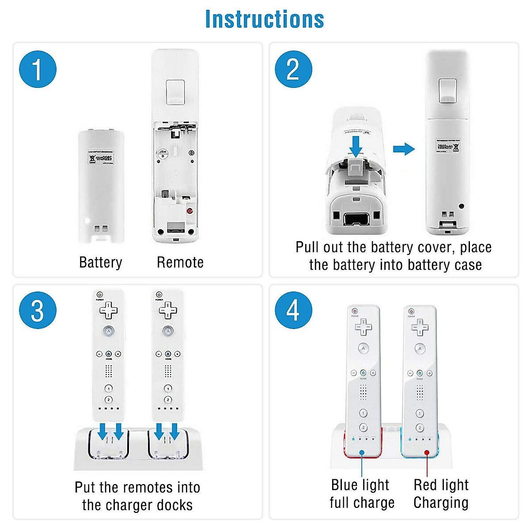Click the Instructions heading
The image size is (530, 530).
tap(265, 19)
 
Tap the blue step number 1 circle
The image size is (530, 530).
tap(38, 69)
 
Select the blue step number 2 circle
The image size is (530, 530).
tap(293, 69)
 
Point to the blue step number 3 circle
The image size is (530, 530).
tap(38, 310)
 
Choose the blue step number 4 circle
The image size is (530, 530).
tap(293, 310)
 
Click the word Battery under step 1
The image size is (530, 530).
tap(100, 262)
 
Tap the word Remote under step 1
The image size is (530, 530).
tap(180, 262)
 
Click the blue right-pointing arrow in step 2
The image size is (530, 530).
tap(404, 149)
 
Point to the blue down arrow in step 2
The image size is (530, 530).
tap(356, 146)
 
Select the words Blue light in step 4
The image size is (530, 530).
tap(360, 485)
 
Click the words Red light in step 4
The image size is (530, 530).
tap(441, 485)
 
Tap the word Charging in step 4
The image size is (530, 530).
tap(441, 503)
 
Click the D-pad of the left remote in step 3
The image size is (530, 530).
tap(109, 310)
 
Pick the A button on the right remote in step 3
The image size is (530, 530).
tap(168, 330)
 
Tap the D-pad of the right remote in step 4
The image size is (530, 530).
tap(420, 327)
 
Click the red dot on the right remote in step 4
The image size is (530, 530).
tap(427, 452)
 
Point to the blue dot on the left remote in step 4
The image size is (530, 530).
tap(362, 452)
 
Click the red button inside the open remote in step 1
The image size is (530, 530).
tap(190, 211)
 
